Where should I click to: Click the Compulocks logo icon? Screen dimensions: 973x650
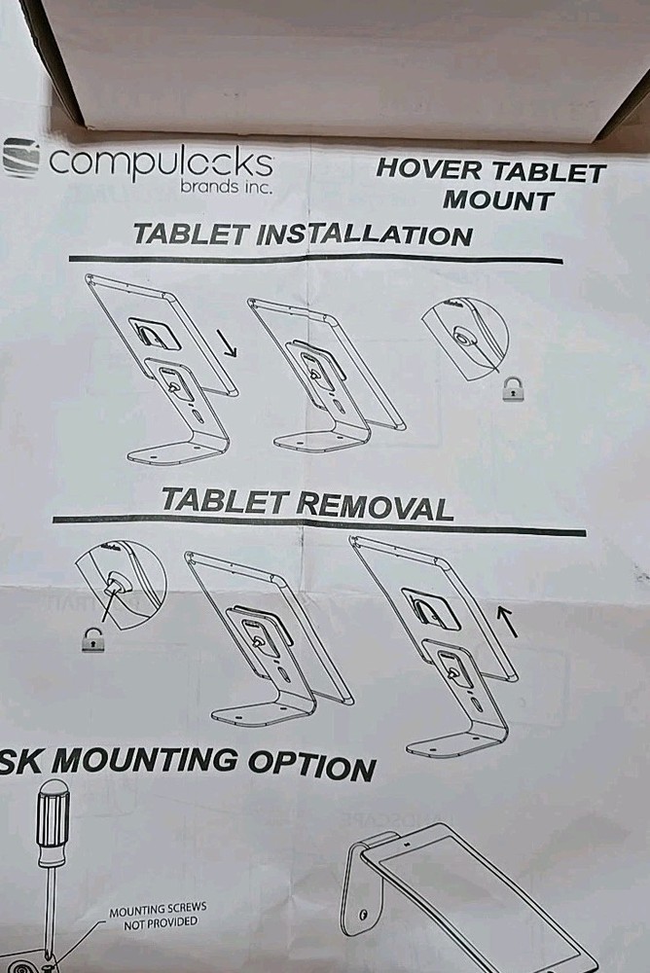[x=20, y=158]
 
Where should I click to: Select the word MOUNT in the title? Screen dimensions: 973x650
[x=498, y=200]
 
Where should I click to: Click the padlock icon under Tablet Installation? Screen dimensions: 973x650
[x=511, y=390]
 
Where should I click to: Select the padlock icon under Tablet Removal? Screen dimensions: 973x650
[x=92, y=640]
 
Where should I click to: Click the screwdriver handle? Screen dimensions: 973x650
[x=52, y=822]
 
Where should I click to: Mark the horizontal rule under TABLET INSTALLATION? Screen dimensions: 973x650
[x=316, y=259]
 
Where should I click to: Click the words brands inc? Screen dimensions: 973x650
[x=226, y=185]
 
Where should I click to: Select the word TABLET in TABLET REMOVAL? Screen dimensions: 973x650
[x=224, y=501]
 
